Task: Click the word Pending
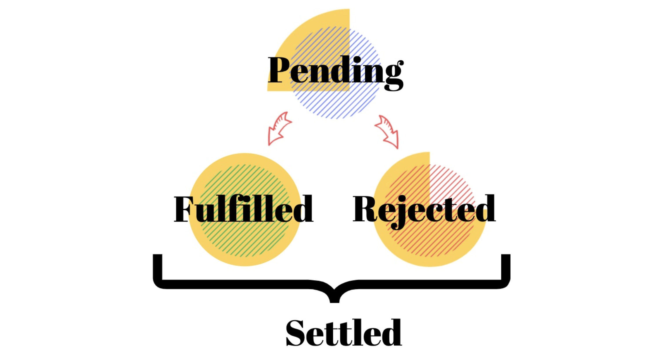pos(336,71)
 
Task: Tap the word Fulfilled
pos(243,209)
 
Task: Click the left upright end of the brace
pos(157,267)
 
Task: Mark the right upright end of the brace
pos(505,267)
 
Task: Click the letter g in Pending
pos(393,75)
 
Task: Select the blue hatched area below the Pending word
pos(336,104)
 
